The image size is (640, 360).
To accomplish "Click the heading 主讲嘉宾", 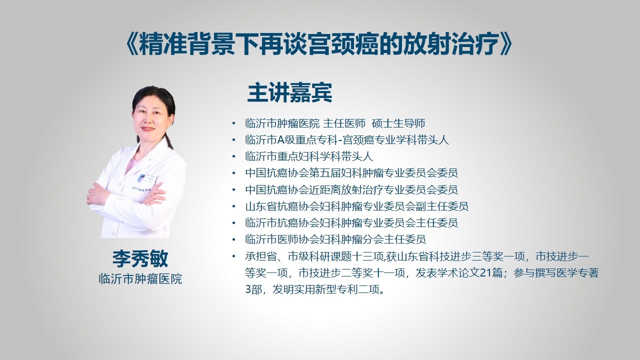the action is coord(289,92).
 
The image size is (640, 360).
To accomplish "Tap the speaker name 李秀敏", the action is coord(140,259).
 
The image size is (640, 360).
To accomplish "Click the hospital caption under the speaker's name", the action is coord(140,279).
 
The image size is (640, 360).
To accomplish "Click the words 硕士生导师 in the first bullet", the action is coord(398,123).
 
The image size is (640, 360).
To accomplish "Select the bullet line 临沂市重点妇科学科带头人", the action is coord(309,156).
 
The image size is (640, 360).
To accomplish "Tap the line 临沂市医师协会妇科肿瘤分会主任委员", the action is coord(335,239).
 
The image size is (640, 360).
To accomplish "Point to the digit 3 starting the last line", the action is coord(248,289).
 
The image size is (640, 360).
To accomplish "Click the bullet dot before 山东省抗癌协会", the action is coord(234,206).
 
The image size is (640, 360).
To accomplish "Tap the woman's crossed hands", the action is coord(125,195).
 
